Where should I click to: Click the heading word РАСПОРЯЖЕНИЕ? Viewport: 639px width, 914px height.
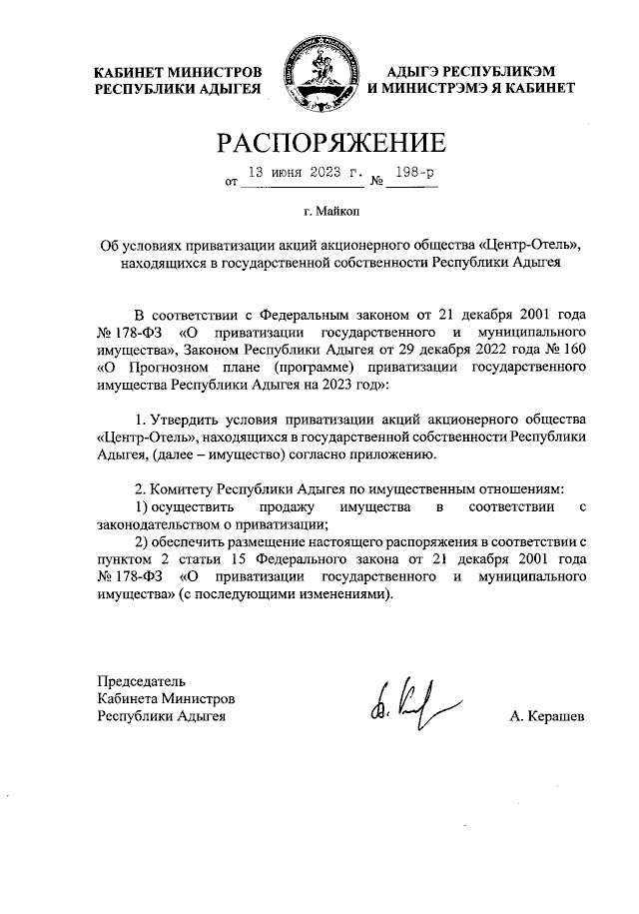tap(331, 143)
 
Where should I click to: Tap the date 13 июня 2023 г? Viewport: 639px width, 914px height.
tap(305, 173)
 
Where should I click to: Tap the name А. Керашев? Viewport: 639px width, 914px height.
tap(547, 716)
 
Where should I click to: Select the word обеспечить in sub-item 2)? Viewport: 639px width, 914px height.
tap(187, 542)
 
